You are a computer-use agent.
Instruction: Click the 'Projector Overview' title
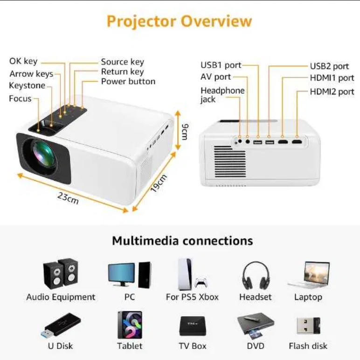pyautogui.click(x=180, y=21)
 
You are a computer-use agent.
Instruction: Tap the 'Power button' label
pyautogui.click(x=128, y=82)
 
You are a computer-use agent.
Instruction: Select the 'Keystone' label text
pyautogui.click(x=27, y=85)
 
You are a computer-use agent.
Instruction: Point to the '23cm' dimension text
pyautogui.click(x=68, y=198)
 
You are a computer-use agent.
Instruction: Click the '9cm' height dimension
pyautogui.click(x=185, y=131)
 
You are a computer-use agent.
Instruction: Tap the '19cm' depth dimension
pyautogui.click(x=159, y=183)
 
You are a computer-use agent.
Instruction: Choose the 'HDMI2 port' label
pyautogui.click(x=332, y=92)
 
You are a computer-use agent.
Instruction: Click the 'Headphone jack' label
pyautogui.click(x=222, y=95)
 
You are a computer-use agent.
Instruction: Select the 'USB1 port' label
pyautogui.click(x=221, y=65)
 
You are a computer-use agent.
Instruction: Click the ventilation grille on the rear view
pyautogui.click(x=229, y=162)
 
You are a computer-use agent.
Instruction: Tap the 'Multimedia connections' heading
pyautogui.click(x=182, y=241)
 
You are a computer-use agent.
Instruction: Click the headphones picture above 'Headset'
pyautogui.click(x=256, y=276)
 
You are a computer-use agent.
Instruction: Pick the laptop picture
pyautogui.click(x=309, y=275)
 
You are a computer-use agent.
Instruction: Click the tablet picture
pyautogui.click(x=130, y=325)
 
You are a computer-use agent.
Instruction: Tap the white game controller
pyautogui.click(x=201, y=282)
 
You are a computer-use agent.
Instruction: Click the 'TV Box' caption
pyautogui.click(x=193, y=346)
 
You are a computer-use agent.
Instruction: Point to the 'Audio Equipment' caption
pyautogui.click(x=61, y=297)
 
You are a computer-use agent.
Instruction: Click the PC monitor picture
pyautogui.click(x=122, y=275)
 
